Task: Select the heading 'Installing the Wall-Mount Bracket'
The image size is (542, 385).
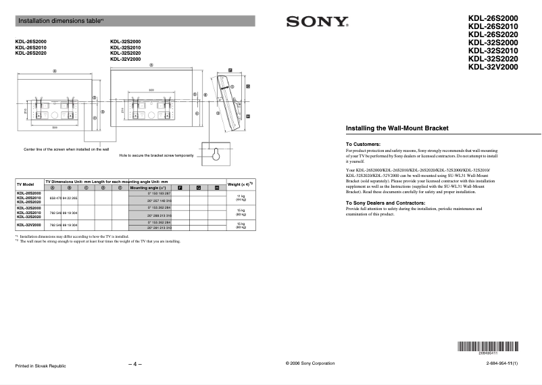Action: point(397,128)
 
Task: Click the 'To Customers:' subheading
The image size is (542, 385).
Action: point(364,144)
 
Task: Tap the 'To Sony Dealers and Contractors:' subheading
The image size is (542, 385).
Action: point(385,203)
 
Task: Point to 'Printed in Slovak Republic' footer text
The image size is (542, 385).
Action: point(41,365)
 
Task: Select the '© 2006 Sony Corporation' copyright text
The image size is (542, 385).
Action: point(311,363)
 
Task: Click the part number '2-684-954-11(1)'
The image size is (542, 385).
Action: point(501,363)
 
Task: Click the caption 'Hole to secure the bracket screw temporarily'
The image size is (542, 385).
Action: point(156,155)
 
